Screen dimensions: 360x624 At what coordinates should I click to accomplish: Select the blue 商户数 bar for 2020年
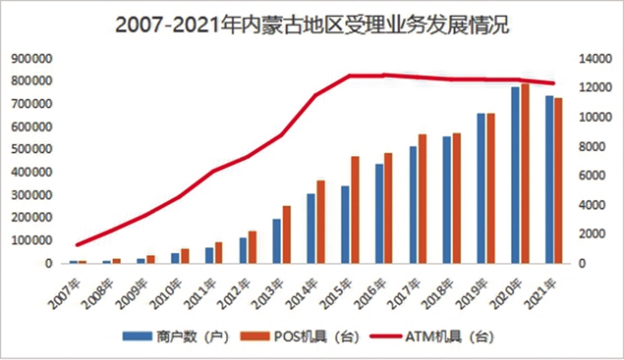point(515,175)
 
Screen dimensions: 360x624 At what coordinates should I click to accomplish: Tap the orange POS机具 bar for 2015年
point(354,210)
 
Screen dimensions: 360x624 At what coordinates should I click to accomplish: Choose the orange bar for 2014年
point(321,221)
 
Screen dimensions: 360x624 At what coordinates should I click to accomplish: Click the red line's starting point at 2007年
point(77,245)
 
